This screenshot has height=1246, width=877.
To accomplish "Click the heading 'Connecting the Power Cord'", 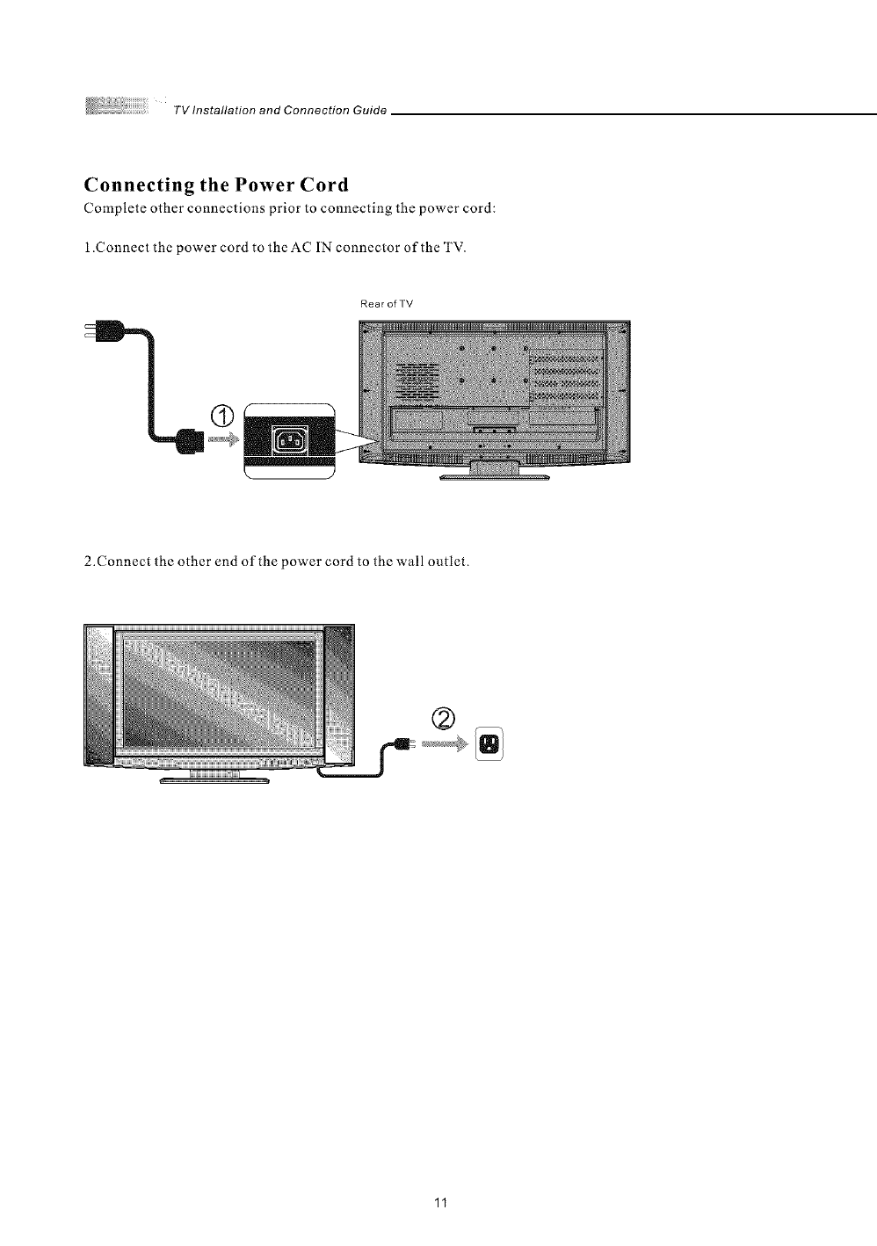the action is (215, 185).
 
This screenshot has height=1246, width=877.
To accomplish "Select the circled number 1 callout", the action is (223, 416).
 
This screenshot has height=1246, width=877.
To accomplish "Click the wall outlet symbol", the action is (487, 745).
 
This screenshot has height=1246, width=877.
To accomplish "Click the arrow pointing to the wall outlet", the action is (446, 745).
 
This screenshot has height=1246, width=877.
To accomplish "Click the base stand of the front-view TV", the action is (214, 778).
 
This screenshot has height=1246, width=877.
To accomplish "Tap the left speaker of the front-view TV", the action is (98, 693).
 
